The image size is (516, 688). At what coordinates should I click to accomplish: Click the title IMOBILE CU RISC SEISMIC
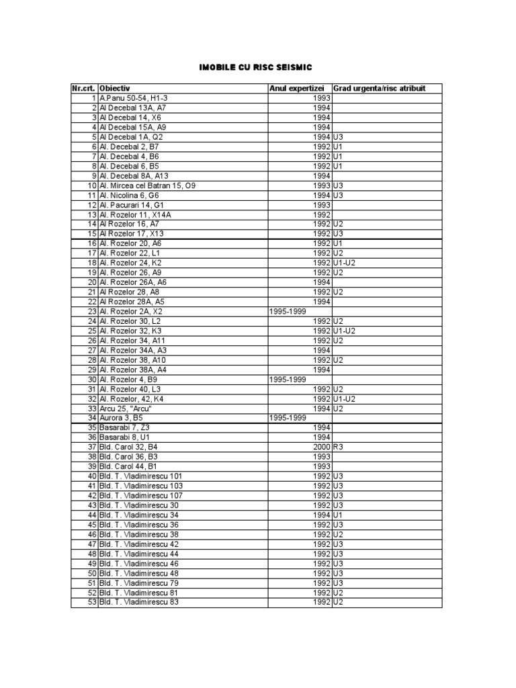(255, 68)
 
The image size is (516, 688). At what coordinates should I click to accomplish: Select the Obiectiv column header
(114, 88)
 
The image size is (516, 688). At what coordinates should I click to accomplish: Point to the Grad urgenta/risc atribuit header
(379, 88)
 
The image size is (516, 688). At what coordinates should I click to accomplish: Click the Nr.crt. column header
(84, 88)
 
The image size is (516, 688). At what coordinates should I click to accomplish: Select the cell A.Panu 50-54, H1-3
(134, 98)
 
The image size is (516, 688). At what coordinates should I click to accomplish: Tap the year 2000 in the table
(322, 446)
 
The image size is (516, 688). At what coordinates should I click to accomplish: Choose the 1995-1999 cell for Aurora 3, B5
(288, 417)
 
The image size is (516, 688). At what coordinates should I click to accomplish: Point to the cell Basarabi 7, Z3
(125, 427)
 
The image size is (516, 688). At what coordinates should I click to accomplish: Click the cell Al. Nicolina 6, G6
(129, 195)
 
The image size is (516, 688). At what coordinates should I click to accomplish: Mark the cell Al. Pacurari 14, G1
(132, 204)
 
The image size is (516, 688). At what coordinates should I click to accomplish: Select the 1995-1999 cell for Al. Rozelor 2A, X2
(288, 311)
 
